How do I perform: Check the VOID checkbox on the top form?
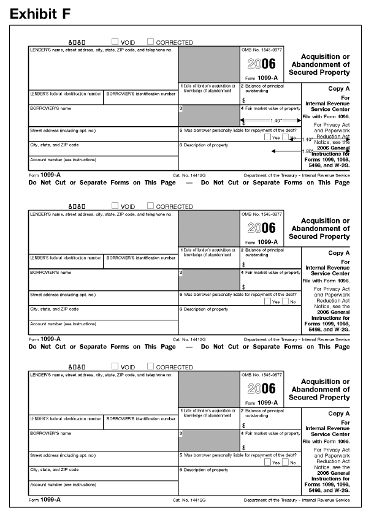pyautogui.click(x=115, y=42)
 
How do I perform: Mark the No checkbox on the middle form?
pyautogui.click(x=286, y=301)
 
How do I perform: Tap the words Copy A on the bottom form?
pyautogui.click(x=339, y=414)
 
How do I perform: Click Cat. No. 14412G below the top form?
pyautogui.click(x=188, y=175)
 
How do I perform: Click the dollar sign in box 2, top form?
pyautogui.click(x=243, y=100)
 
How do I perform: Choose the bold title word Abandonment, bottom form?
pyautogui.click(x=321, y=389)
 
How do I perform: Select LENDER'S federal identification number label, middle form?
pyautogui.click(x=66, y=258)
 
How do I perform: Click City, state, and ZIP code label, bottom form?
pyautogui.click(x=55, y=470)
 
